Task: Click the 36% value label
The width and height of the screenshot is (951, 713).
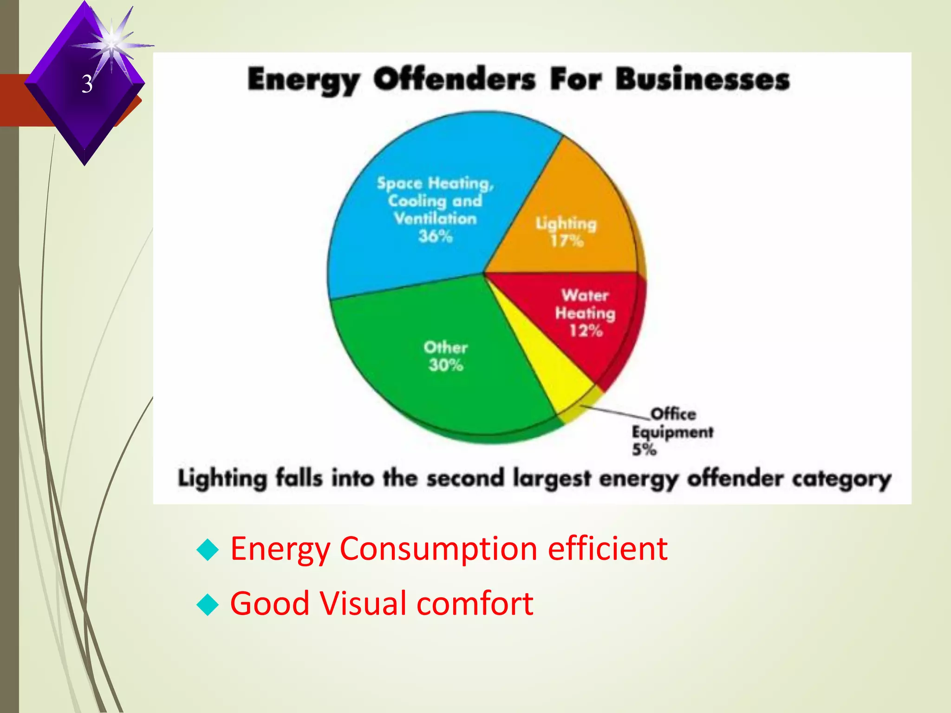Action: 435,236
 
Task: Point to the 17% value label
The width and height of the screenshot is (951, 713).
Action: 567,241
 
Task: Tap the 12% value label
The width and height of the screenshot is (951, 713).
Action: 586,331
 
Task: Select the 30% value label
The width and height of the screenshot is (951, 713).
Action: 446,365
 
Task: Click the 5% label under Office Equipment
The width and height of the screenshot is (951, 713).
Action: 644,449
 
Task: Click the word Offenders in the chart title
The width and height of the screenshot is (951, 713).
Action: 455,79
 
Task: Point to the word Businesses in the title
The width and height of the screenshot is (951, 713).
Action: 703,79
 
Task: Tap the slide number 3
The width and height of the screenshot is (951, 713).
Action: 87,84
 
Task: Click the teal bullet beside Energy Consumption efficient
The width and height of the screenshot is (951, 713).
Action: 208,550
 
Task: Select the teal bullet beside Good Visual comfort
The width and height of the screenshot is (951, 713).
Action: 208,604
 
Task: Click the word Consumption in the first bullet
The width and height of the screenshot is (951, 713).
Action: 438,549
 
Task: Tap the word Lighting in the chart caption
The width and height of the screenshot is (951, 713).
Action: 222,479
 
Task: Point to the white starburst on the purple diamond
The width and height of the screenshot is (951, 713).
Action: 112,45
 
